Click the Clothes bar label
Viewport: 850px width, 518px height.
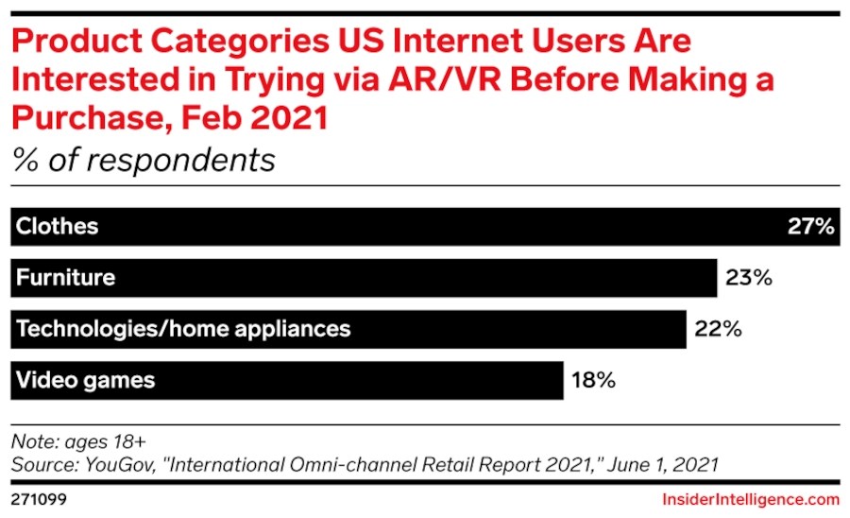[x=58, y=227]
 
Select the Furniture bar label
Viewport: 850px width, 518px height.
[x=65, y=278]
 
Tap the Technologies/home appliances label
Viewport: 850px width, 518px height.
[x=183, y=329]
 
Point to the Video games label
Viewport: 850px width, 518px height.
[x=85, y=380]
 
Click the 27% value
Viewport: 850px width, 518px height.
[x=810, y=227]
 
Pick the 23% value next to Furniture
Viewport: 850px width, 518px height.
[x=749, y=278]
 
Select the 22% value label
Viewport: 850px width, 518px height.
[x=718, y=329]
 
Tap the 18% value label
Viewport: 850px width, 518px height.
[x=593, y=380]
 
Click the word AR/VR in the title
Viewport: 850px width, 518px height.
[x=445, y=79]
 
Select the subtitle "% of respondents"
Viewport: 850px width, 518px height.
[x=143, y=160]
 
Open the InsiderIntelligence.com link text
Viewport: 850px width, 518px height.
[x=751, y=498]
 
